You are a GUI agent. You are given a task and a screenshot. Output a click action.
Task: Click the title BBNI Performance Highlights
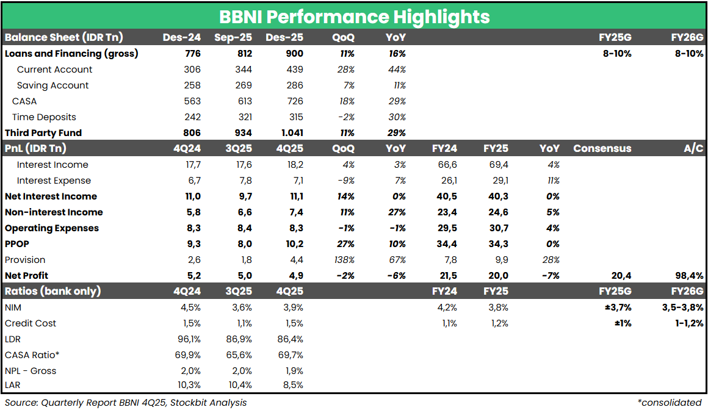[354, 16]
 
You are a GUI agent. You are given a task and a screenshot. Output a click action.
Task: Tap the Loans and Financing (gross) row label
[71, 54]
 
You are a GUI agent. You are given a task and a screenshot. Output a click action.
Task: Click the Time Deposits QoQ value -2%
[346, 117]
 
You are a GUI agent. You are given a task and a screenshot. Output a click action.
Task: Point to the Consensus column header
[602, 149]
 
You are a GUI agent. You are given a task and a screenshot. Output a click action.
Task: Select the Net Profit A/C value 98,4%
[688, 276]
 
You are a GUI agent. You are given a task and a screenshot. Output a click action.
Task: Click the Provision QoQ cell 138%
[345, 260]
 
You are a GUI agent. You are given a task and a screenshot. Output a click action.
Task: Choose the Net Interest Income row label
[51, 196]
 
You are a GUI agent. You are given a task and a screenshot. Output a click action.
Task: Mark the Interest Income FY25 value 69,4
[496, 165]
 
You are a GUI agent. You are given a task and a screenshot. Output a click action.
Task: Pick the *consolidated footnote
[669, 403]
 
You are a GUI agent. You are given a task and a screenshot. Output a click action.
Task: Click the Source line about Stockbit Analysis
[126, 403]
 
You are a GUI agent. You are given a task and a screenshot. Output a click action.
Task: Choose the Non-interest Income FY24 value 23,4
[445, 212]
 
